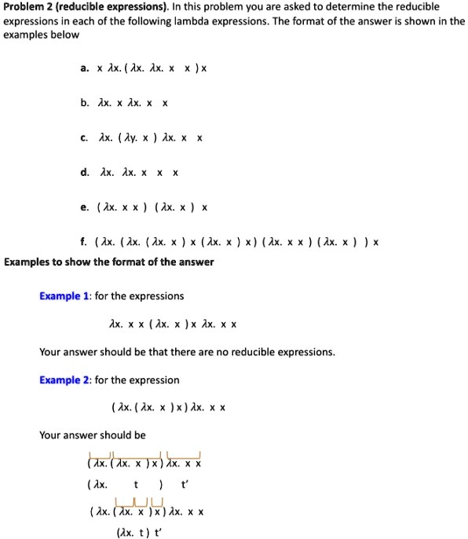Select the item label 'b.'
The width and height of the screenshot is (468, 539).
83,103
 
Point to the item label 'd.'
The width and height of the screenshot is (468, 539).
83,173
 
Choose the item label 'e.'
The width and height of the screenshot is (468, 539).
83,208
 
